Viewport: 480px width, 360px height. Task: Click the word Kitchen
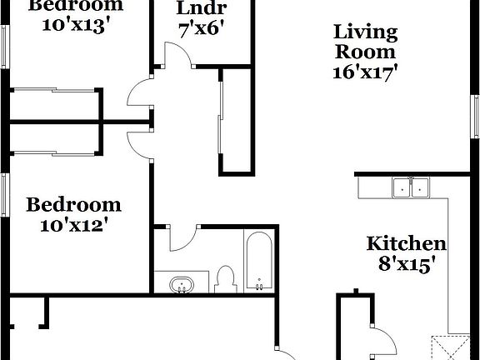click(x=407, y=244)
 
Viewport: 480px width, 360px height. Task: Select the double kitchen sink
click(x=410, y=187)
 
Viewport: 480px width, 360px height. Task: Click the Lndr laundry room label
click(x=202, y=9)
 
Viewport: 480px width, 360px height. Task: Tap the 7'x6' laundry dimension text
click(x=202, y=30)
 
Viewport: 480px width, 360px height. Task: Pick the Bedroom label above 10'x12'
click(x=74, y=205)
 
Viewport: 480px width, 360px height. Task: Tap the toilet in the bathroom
click(x=224, y=278)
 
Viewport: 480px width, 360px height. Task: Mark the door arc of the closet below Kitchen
click(x=382, y=341)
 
